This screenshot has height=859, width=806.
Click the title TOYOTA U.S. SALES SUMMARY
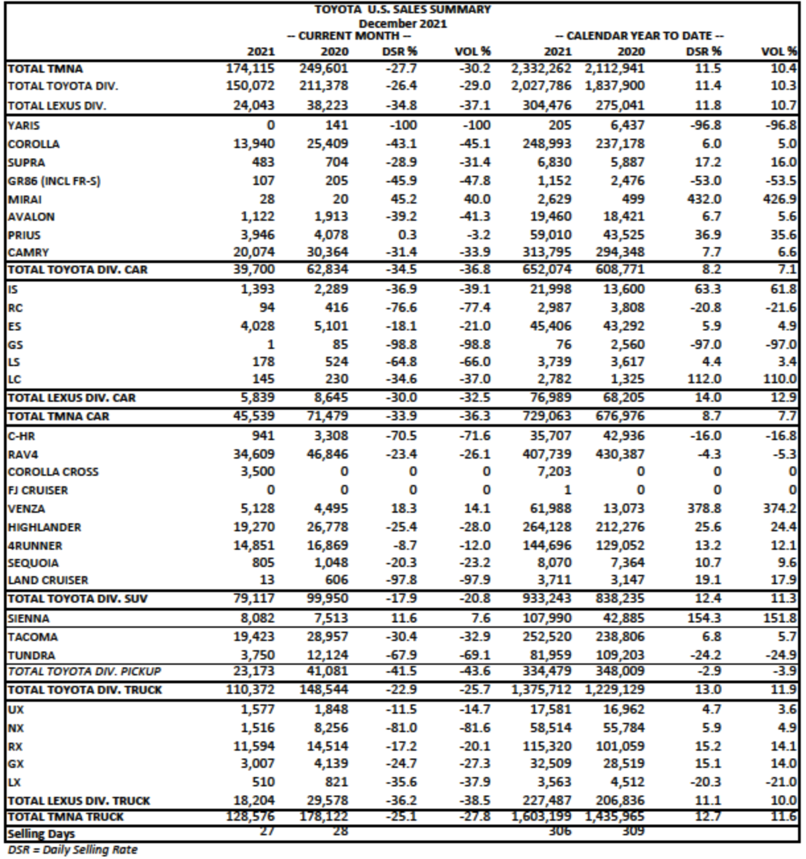click(x=402, y=10)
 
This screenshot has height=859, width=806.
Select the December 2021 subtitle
click(x=402, y=23)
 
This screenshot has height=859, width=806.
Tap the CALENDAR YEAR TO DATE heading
click(x=639, y=36)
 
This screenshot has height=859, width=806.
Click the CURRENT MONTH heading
click(x=349, y=36)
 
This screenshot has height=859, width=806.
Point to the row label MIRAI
click(x=24, y=199)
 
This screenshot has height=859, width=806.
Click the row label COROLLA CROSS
click(x=53, y=472)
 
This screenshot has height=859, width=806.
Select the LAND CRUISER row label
click(x=48, y=580)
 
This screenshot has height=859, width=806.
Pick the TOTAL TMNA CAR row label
click(x=59, y=416)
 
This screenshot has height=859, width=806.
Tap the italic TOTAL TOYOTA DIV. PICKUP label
click(x=84, y=671)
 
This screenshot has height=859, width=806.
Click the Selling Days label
click(x=41, y=834)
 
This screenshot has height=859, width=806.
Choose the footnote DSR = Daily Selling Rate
click(x=73, y=850)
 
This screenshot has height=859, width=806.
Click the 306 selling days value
click(x=559, y=831)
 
